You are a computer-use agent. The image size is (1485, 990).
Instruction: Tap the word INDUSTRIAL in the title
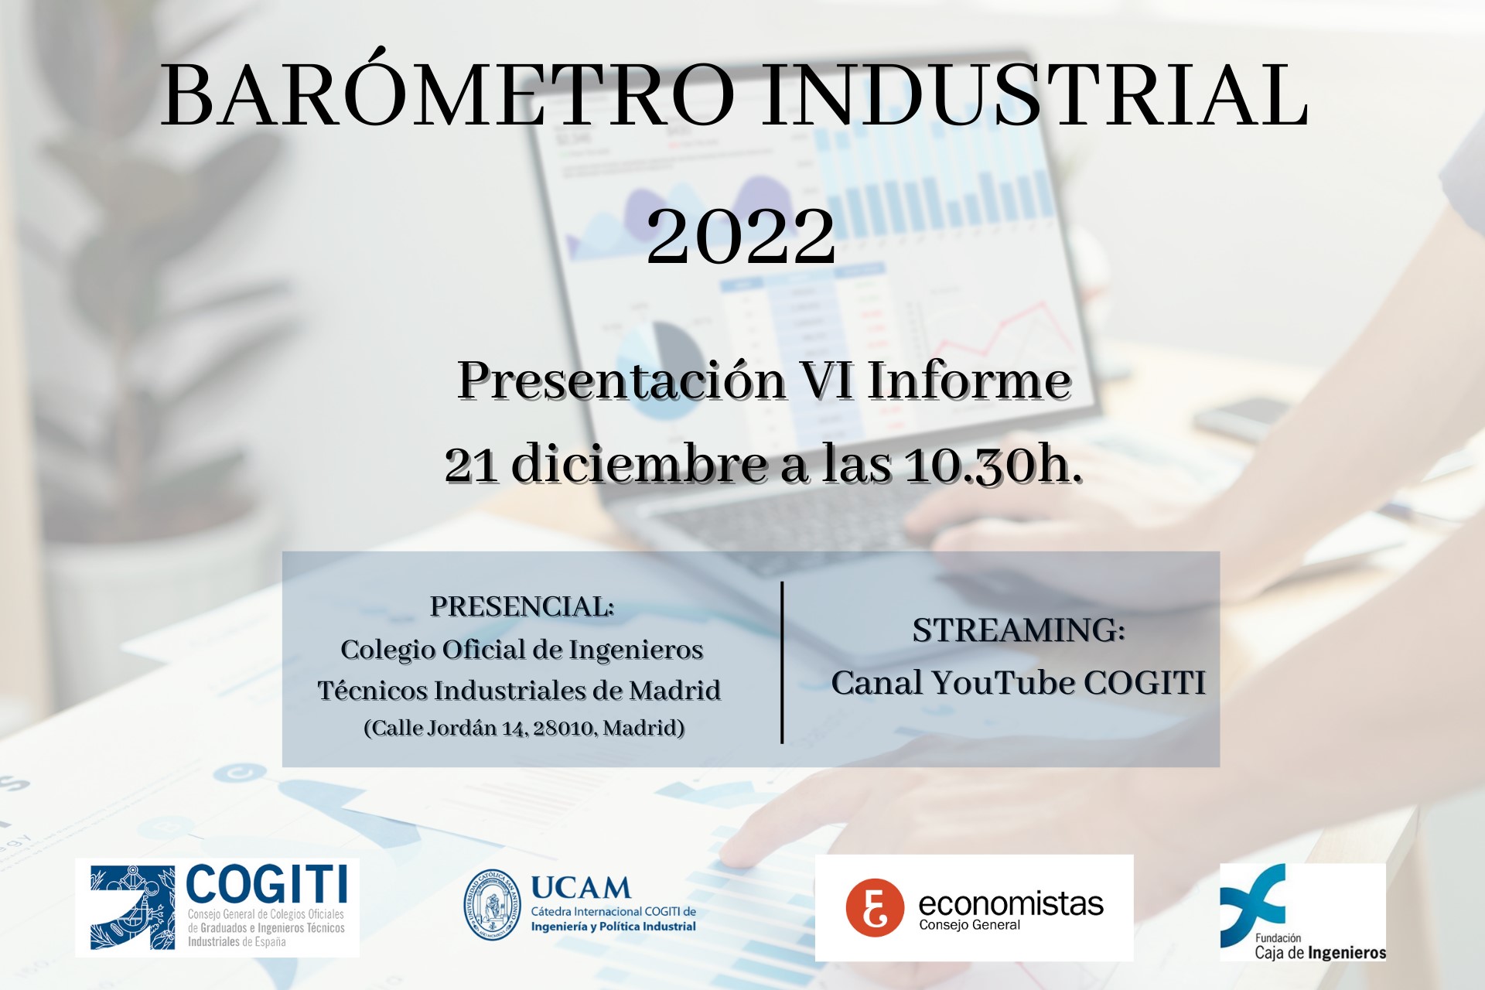coord(1035,94)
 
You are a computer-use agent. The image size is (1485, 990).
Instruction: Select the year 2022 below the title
coord(741,235)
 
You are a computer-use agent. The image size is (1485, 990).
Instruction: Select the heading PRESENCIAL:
coord(522,606)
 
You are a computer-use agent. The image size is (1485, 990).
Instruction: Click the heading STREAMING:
coord(1019,630)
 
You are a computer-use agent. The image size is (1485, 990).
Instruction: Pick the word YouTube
coord(1002,682)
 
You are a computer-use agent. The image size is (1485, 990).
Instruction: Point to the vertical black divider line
coord(782,662)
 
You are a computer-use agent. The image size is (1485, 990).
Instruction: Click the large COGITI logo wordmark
coord(266,884)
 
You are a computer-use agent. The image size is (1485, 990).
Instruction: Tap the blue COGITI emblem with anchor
coord(132,908)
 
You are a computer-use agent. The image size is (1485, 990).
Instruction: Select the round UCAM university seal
coord(492,905)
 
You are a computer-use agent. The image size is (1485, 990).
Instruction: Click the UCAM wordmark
coord(581,888)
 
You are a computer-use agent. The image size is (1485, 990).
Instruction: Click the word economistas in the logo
coord(1011,903)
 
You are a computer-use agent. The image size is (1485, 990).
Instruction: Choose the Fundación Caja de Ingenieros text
coord(1319,947)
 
